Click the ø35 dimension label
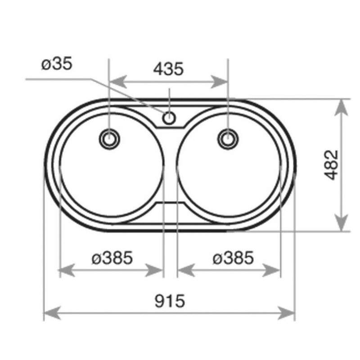point(57,63)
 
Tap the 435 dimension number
point(168,69)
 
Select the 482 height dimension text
point(331,165)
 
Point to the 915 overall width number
point(170,301)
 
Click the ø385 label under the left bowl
point(112,257)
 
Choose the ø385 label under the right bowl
point(233,257)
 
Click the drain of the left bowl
point(109,139)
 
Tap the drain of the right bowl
point(228,139)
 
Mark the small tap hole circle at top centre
point(169,118)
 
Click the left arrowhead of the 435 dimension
point(118,81)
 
